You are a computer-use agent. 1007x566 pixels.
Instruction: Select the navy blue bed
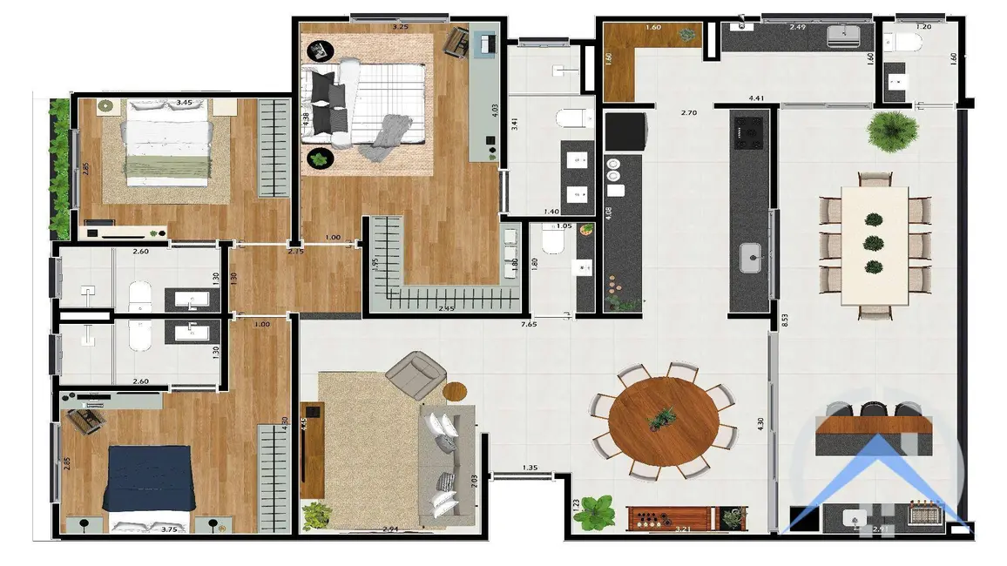point(146,477)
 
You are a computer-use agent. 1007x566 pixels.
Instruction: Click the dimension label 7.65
point(528,324)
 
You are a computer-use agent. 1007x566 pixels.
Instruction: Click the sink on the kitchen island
point(750,258)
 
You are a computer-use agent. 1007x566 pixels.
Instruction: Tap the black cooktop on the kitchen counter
point(749,131)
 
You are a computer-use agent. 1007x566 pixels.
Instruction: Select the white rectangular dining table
point(874,245)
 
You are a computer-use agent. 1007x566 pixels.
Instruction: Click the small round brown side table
point(456,391)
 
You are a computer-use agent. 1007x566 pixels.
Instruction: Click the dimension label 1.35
point(529,468)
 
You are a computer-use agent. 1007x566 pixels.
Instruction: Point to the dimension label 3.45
point(184,103)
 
